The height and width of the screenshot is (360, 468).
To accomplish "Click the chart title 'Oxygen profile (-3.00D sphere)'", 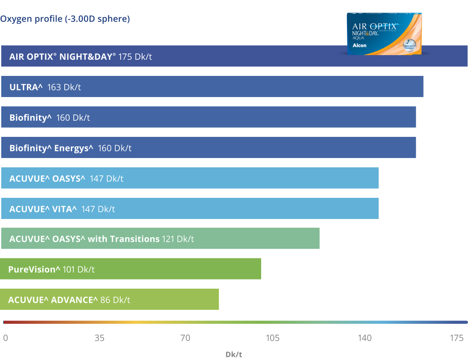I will [x=65, y=19].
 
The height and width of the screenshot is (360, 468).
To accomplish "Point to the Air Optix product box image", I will [x=384, y=33].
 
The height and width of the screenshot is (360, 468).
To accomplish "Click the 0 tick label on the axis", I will [x=5, y=338].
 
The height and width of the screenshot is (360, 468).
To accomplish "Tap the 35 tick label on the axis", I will [x=99, y=338].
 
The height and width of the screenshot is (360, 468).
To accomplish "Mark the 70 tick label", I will [x=185, y=338].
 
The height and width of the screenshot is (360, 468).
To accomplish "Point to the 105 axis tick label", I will [x=272, y=338].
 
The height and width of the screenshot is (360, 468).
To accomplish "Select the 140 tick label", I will [x=364, y=338].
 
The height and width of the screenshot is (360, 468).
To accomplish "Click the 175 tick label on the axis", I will [x=456, y=338].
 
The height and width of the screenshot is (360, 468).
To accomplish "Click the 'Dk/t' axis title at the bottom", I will [x=234, y=354].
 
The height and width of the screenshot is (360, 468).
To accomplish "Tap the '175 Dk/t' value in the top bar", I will [x=135, y=56].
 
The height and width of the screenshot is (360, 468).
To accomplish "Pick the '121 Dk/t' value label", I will [x=178, y=239].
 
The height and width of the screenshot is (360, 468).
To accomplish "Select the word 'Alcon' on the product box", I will [x=359, y=45].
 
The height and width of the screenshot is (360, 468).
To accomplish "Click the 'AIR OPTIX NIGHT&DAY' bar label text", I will [x=63, y=56].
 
